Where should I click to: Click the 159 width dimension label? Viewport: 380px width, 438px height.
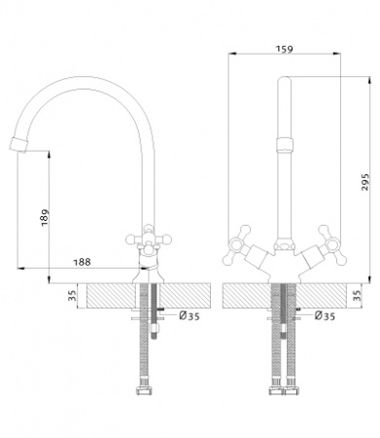[x=284, y=49]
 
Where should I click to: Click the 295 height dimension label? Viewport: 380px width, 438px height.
[x=365, y=182]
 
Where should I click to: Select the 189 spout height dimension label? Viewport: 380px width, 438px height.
[x=45, y=217]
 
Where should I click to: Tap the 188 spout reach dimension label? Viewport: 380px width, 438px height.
[x=82, y=262]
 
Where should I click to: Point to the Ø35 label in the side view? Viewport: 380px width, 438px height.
[x=190, y=315]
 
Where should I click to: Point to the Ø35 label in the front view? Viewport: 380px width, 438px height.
[x=325, y=315]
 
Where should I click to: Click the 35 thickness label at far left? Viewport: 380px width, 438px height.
[x=72, y=295]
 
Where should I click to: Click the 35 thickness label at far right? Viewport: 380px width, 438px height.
[x=357, y=295]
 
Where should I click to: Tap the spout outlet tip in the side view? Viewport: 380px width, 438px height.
[x=17, y=145]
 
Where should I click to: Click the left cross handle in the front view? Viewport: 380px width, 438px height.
[x=236, y=244]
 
